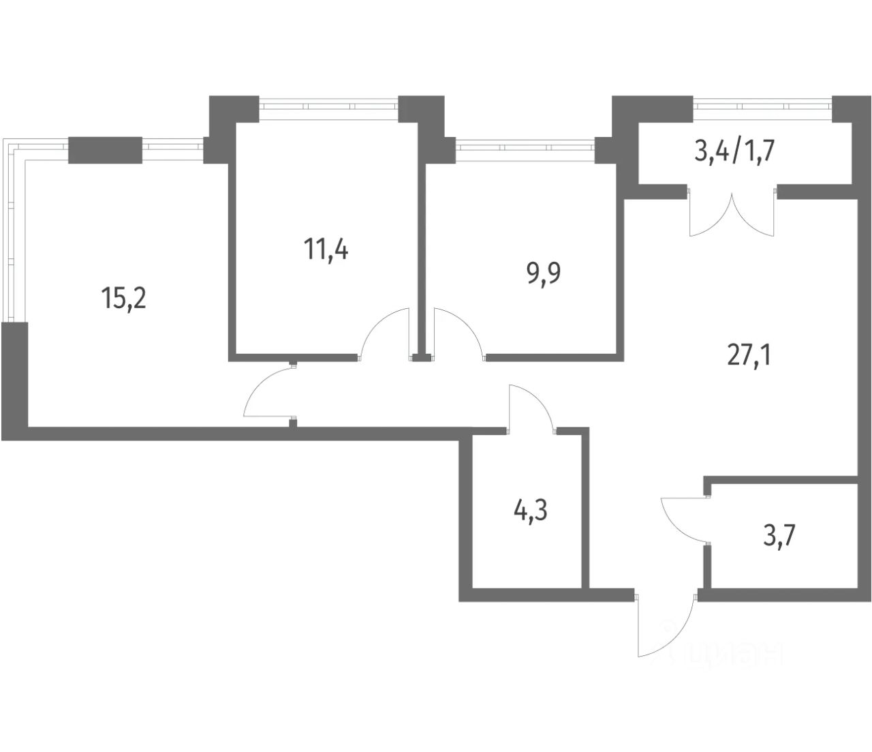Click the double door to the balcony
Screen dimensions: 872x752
click(x=732, y=215)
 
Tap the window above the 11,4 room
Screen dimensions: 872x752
click(x=328, y=106)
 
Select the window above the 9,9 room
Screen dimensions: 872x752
click(x=525, y=147)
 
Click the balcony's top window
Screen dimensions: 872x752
click(x=762, y=106)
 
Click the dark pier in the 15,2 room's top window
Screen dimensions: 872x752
click(x=105, y=150)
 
